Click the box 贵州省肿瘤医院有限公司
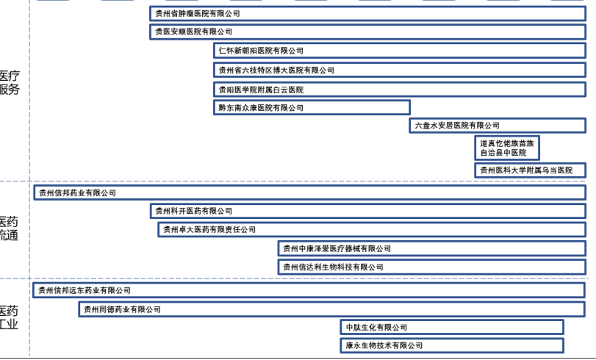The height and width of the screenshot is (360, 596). tap(367, 13)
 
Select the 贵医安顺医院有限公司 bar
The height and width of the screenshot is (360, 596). tap(367, 32)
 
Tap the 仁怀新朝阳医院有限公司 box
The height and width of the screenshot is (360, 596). tap(400, 51)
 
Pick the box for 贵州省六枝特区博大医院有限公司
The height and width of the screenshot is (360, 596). tap(400, 70)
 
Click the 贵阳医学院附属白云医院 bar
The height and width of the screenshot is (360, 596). tap(400, 89)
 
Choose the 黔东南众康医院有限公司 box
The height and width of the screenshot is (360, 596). tap(312, 107)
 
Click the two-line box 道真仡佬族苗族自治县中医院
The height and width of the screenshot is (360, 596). tap(507, 148)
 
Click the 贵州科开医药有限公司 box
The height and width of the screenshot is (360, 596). tap(367, 211)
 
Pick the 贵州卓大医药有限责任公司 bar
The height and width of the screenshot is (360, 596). tap(372, 230)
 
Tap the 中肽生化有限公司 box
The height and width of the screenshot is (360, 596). tap(452, 327)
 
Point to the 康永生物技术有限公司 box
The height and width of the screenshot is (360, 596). tap(452, 345)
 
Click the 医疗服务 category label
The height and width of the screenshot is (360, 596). tap(10, 82)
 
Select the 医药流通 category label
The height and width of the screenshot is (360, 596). tap(9, 228)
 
